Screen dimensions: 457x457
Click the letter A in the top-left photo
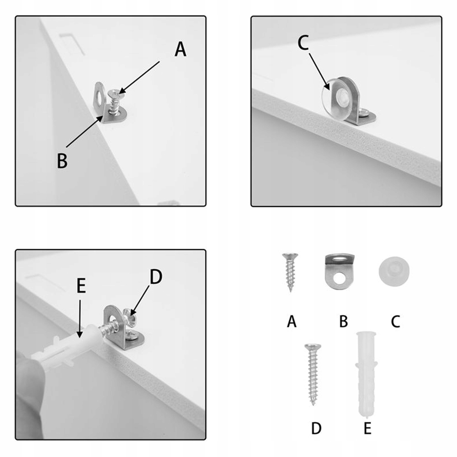click(181, 49)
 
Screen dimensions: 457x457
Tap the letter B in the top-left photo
click(62, 160)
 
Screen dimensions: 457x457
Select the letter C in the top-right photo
click(303, 43)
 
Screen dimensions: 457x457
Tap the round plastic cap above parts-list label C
click(394, 271)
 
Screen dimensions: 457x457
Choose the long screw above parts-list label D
click(313, 374)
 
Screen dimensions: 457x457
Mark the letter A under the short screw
click(292, 322)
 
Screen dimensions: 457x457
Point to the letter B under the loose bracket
click(344, 322)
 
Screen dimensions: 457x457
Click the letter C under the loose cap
click(395, 322)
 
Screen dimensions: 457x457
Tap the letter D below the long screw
click(316, 429)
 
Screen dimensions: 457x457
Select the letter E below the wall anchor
click(367, 429)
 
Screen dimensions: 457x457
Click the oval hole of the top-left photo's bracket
click(100, 94)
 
